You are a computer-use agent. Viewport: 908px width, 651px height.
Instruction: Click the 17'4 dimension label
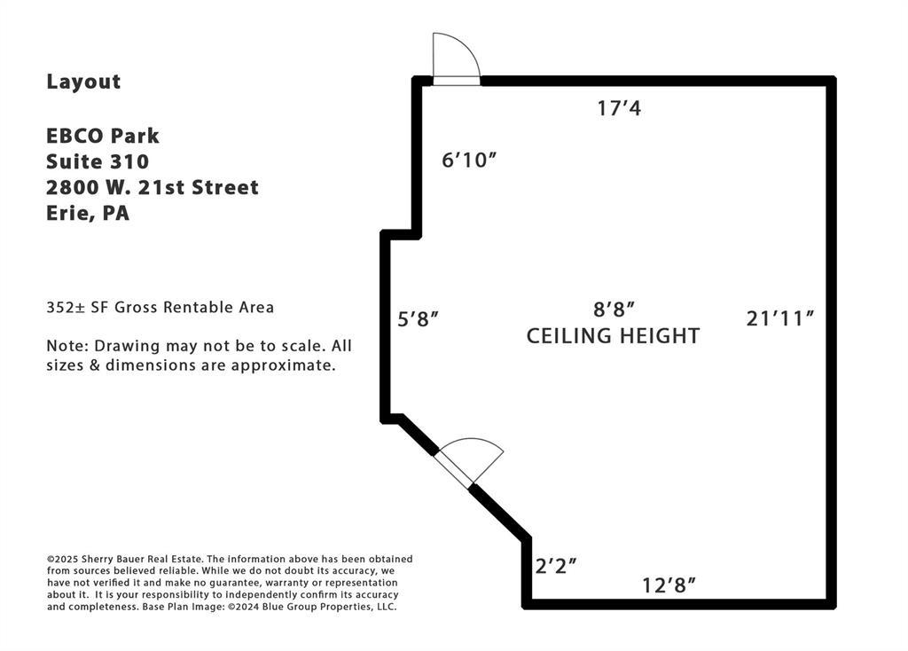click(x=619, y=108)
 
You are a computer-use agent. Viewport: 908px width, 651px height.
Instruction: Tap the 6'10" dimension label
click(x=469, y=160)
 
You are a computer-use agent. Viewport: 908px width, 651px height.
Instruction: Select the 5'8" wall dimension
click(x=418, y=319)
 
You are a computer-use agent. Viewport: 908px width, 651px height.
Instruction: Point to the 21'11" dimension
click(x=780, y=318)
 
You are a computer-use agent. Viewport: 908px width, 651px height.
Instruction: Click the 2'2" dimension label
click(x=555, y=566)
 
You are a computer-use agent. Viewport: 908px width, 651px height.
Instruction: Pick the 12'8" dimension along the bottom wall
click(x=669, y=585)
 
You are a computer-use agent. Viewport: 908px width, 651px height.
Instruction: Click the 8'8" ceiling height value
click(x=614, y=310)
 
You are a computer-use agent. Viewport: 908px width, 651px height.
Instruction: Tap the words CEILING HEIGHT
click(x=614, y=336)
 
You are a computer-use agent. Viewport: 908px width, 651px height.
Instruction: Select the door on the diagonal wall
click(x=468, y=462)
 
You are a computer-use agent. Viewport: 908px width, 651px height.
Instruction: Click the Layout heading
click(x=84, y=82)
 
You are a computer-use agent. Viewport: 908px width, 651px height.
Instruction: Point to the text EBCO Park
click(x=103, y=136)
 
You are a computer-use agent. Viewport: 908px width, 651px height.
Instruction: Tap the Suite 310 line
click(x=98, y=161)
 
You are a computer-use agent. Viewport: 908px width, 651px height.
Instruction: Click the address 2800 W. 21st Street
click(x=153, y=188)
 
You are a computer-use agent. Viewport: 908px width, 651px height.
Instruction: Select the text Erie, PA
click(x=88, y=214)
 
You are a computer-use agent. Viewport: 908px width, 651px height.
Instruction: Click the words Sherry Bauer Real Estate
click(x=141, y=560)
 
